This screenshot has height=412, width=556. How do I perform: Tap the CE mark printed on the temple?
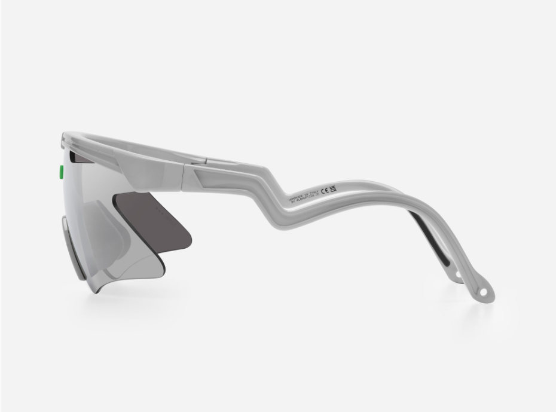point(325,191)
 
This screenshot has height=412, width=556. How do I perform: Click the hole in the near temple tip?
point(481,292)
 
